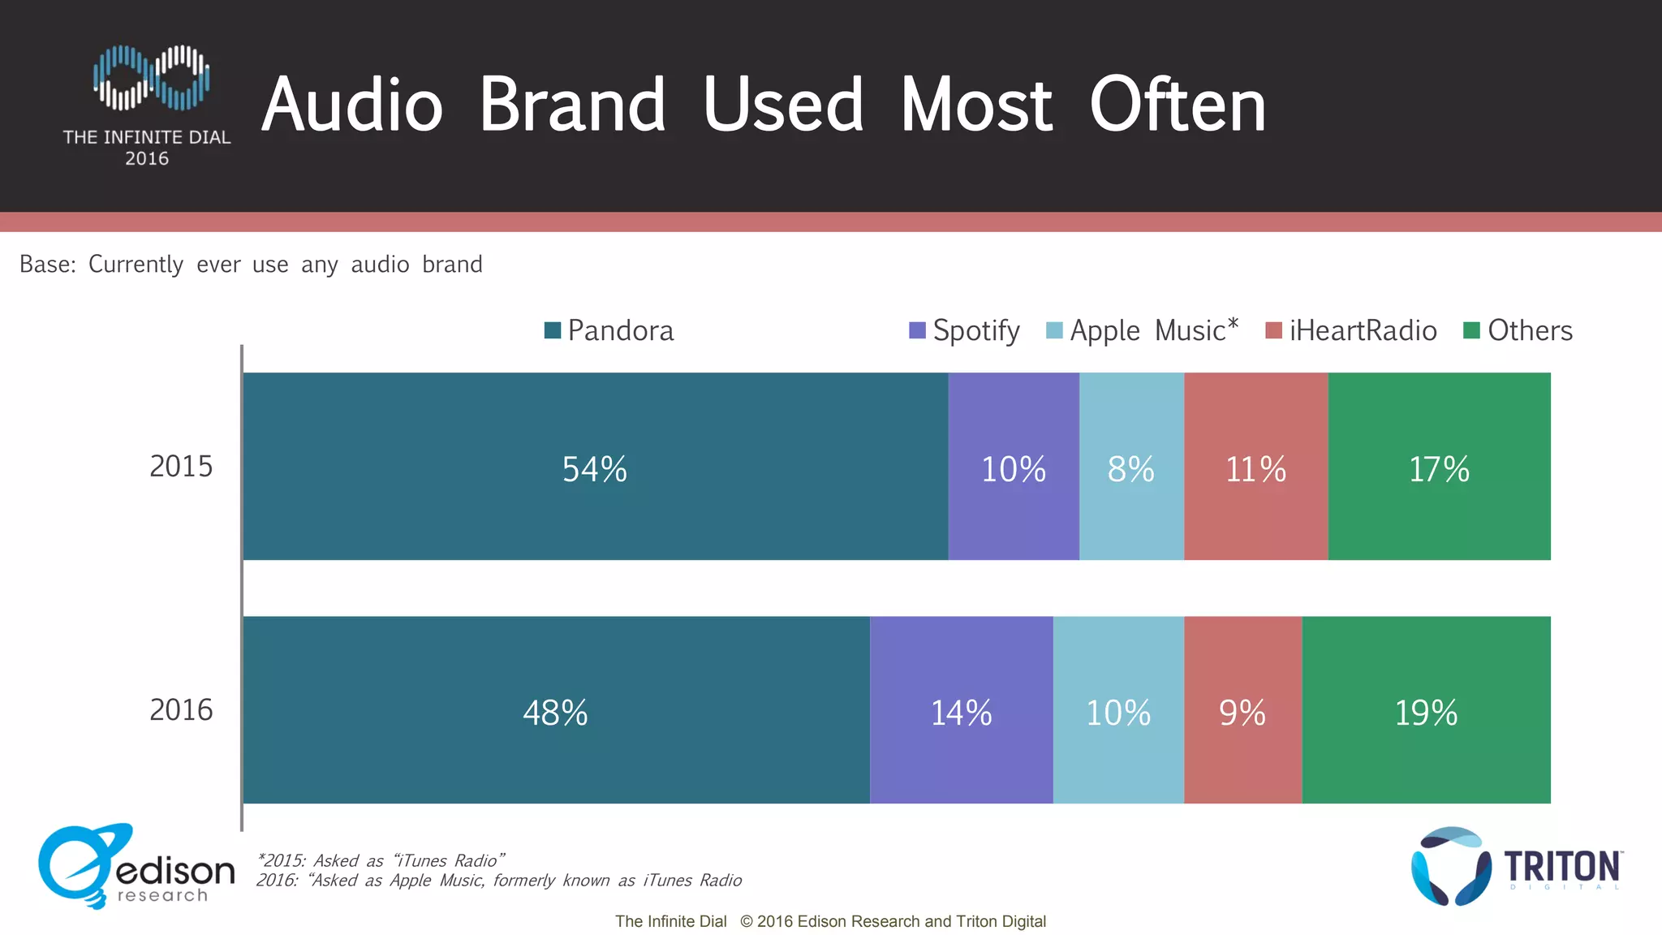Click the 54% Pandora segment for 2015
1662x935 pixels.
595,467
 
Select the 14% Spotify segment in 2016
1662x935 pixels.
961,711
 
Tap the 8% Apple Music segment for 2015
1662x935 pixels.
1130,467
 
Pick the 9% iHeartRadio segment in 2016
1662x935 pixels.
1242,711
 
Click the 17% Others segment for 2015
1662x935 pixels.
1439,467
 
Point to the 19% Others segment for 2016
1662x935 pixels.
1426,711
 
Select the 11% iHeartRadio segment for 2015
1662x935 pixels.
1255,467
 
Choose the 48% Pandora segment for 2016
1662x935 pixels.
556,711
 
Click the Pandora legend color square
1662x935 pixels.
553,330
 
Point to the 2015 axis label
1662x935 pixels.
181,467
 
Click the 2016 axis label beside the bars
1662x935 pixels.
181,710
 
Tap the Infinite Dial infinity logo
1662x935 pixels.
151,78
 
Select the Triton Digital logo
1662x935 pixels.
1516,867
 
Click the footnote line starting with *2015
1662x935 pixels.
381,860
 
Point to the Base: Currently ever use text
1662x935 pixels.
251,265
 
